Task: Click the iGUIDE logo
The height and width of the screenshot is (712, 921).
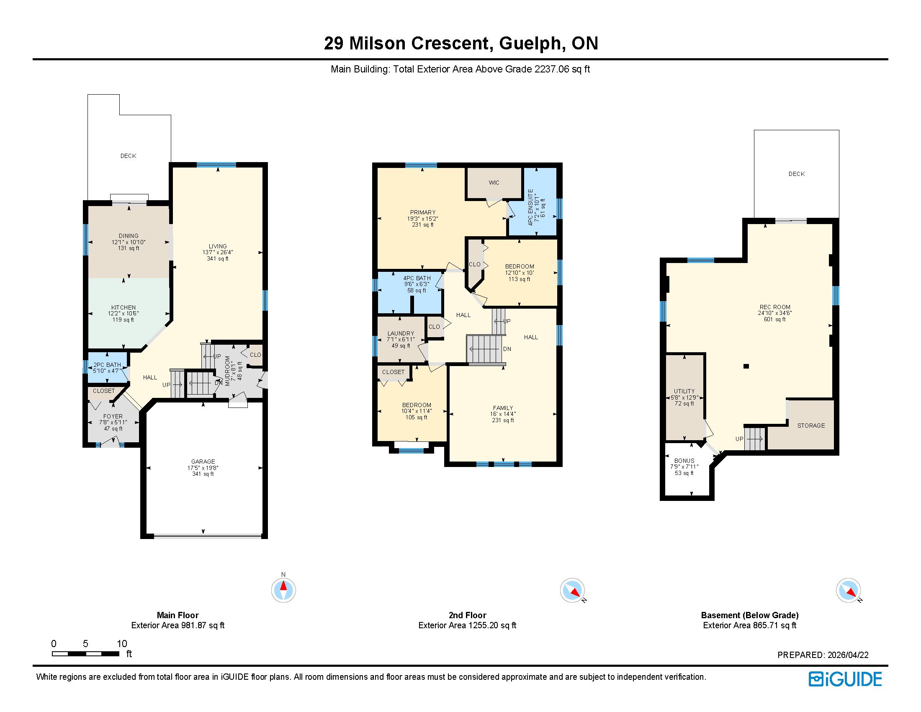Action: (845, 679)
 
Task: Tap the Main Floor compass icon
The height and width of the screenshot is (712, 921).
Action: (283, 589)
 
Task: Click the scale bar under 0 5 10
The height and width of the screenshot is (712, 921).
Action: (85, 654)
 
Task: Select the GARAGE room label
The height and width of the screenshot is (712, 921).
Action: (203, 462)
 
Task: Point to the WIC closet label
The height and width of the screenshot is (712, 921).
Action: (494, 183)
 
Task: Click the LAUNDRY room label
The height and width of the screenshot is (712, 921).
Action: (401, 333)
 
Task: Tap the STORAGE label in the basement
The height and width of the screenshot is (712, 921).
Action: (811, 426)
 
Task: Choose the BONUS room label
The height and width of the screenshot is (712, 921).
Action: (684, 461)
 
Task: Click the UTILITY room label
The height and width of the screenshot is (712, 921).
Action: (684, 391)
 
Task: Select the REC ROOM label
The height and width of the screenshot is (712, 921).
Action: (775, 307)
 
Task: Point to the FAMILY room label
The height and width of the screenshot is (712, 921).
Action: (503, 408)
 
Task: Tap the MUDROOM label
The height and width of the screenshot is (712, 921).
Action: (228, 371)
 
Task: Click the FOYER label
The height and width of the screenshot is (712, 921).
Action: (113, 416)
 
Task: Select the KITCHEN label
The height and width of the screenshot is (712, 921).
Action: (123, 307)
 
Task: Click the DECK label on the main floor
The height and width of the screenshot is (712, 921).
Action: (128, 156)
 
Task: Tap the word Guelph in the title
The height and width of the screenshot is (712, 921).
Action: (530, 44)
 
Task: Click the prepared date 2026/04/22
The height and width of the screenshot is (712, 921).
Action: (848, 655)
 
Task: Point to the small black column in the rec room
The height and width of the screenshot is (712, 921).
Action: (746, 366)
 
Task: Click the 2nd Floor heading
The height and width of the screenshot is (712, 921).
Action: (467, 615)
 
